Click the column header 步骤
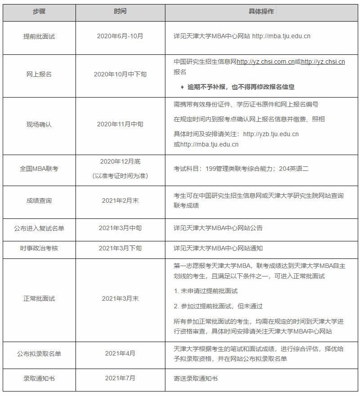(39, 11)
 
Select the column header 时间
(120, 11)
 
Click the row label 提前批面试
(39, 36)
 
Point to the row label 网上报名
(39, 74)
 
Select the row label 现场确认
(39, 125)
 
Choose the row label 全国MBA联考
(39, 169)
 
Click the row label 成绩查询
(39, 200)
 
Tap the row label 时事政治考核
(39, 248)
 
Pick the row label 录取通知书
(39, 378)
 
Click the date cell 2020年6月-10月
(120, 36)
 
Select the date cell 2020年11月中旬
(120, 125)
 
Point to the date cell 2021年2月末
(120, 200)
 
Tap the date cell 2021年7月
(120, 378)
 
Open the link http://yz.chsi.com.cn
(266, 62)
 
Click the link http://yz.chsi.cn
(323, 62)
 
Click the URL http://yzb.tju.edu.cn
(271, 134)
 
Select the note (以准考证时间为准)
(120, 176)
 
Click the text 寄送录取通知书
(196, 378)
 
